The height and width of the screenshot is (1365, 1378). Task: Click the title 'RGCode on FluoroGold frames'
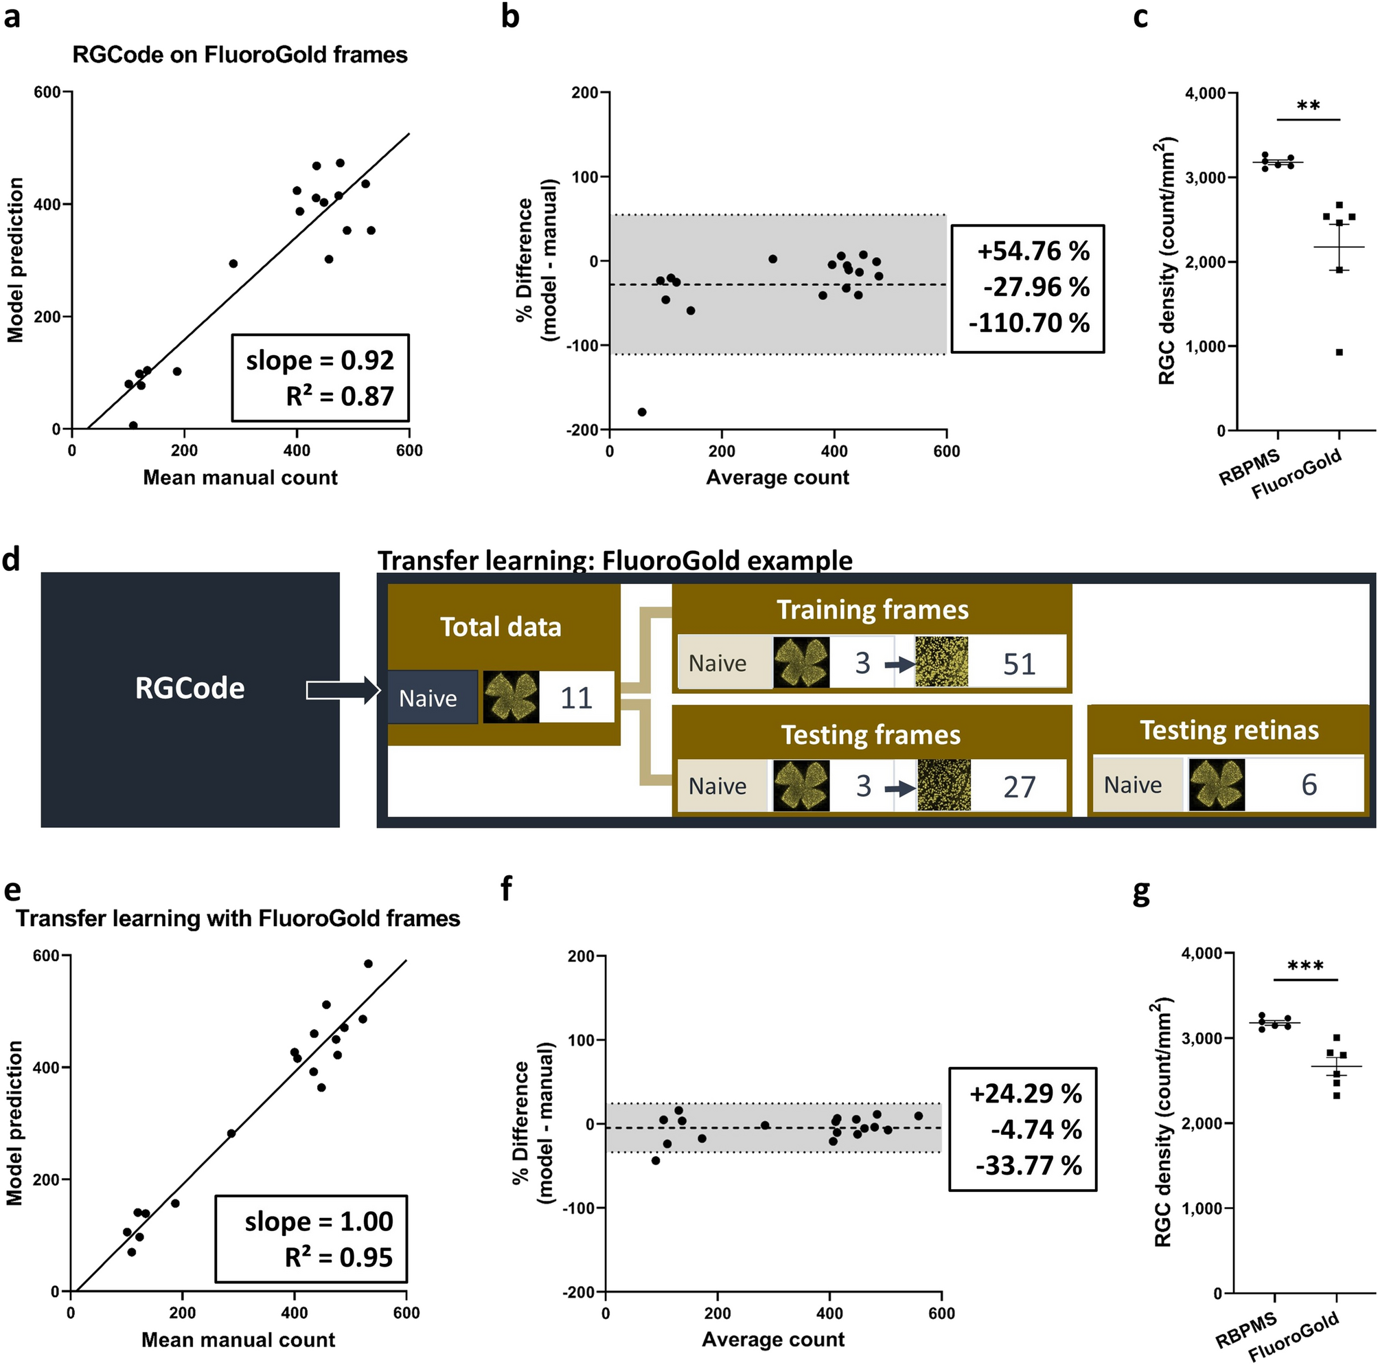(x=240, y=55)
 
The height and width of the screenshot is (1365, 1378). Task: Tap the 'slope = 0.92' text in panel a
(x=319, y=361)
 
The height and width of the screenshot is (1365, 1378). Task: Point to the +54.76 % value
(x=1033, y=251)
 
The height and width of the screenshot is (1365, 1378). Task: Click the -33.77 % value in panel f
(x=1029, y=1165)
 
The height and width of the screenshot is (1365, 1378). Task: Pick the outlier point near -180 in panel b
(x=642, y=411)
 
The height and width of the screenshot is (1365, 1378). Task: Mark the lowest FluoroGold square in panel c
(x=1340, y=352)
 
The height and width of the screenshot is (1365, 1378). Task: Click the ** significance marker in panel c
(x=1308, y=106)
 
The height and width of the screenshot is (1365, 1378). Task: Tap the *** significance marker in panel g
(x=1305, y=967)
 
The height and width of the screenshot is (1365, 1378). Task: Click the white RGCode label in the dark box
(x=190, y=688)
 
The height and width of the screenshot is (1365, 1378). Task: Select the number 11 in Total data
(x=576, y=698)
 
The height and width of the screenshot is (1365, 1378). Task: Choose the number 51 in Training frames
(x=1018, y=664)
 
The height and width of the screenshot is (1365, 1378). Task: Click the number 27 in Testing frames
(x=1018, y=787)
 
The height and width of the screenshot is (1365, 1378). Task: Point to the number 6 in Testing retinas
(x=1309, y=785)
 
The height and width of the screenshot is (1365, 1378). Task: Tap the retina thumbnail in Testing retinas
(x=1217, y=785)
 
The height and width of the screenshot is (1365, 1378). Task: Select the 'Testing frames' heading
(x=871, y=735)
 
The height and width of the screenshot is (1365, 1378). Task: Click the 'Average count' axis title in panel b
(x=777, y=477)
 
